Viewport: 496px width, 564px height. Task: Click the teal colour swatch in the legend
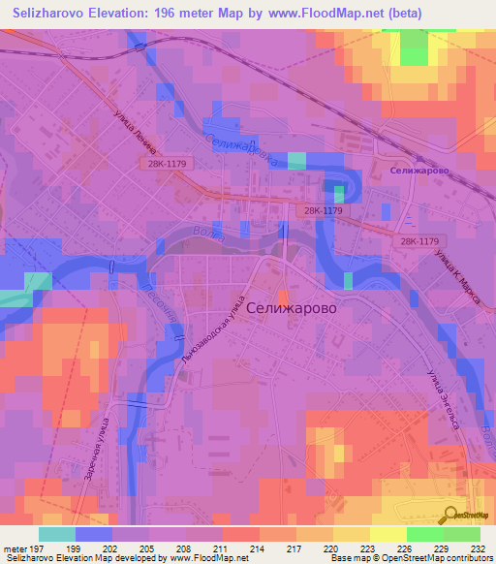pos(57,534)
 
